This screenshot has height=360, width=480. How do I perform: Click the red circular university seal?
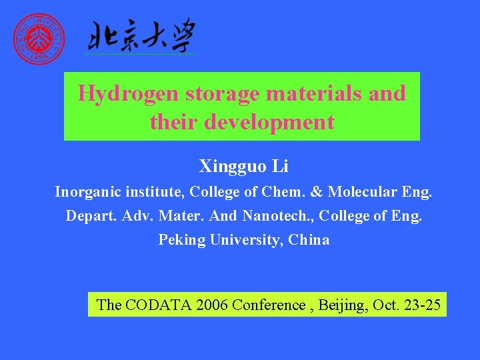40,39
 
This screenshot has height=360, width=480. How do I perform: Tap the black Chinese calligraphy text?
139,36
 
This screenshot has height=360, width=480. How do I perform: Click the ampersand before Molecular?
317,193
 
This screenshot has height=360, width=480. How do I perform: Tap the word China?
309,240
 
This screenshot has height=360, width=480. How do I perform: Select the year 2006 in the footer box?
211,305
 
